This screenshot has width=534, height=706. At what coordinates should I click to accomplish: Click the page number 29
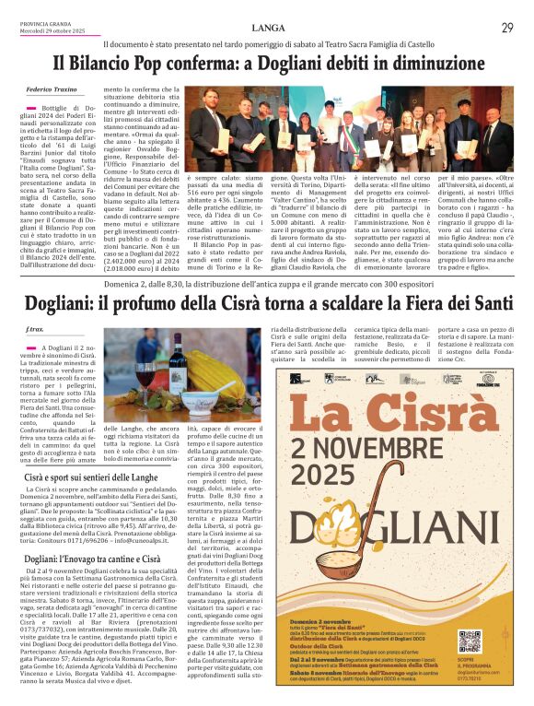[x=507, y=29]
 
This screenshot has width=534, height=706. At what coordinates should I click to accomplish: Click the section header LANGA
[x=267, y=29]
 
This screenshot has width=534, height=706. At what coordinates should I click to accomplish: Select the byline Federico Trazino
[x=51, y=89]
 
